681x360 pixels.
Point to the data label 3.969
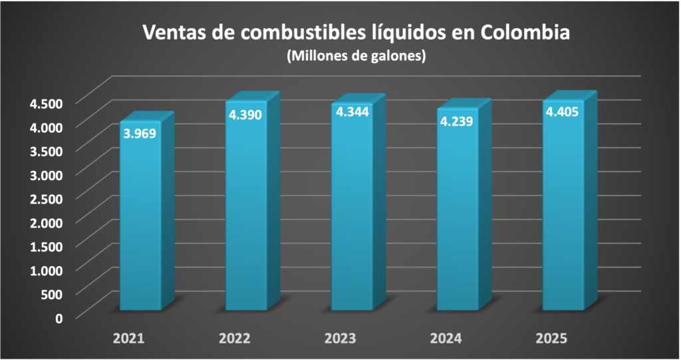(140, 133)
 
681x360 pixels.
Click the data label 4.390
(245, 114)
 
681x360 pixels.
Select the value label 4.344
(352, 112)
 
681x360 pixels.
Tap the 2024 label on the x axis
(446, 339)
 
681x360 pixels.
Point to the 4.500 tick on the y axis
(45, 102)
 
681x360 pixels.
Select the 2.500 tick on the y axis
(45, 198)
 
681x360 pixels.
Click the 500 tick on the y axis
(51, 293)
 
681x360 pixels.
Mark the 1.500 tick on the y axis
(45, 246)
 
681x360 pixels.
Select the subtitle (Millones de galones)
(356, 57)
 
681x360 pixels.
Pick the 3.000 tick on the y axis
(45, 174)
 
